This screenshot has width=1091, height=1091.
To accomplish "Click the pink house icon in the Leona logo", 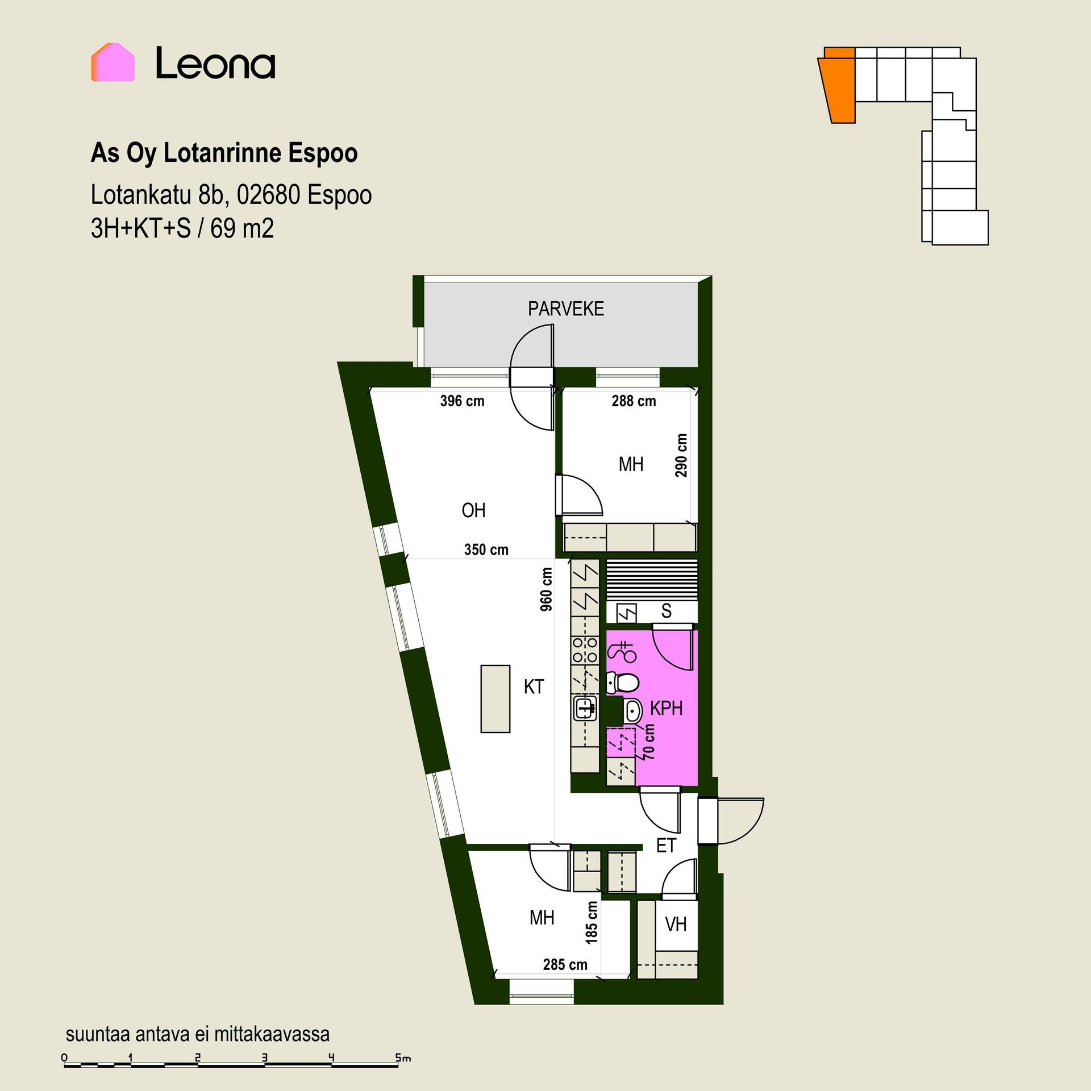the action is click(113, 62).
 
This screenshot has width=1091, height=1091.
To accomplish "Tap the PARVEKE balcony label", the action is click(565, 309).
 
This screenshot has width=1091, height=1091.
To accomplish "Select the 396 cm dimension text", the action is click(462, 401).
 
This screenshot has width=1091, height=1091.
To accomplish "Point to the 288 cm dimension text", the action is click(634, 401).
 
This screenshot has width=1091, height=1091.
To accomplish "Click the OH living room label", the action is click(473, 510).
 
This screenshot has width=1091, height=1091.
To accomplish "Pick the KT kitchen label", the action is click(534, 686).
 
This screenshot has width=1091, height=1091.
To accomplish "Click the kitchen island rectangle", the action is click(495, 698).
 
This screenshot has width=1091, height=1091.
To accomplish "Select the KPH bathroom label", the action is click(666, 709).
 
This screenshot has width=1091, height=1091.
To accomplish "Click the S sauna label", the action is click(666, 611).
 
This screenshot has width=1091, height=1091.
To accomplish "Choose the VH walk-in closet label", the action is click(676, 925).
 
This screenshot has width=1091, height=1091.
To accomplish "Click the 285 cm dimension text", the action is click(565, 964).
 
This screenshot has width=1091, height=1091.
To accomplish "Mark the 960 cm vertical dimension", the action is click(546, 589).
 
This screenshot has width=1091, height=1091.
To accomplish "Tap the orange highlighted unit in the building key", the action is click(838, 85).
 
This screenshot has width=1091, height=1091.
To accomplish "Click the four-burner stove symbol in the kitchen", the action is click(585, 650).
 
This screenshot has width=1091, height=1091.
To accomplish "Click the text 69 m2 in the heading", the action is click(242, 229).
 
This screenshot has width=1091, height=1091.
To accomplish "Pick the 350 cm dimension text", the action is click(486, 549).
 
